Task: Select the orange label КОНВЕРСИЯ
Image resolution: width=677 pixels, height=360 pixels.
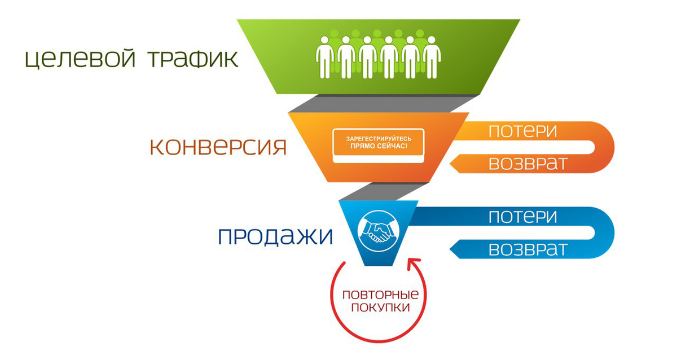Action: click(x=218, y=147)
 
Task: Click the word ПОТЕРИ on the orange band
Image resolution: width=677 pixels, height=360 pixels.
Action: click(x=523, y=131)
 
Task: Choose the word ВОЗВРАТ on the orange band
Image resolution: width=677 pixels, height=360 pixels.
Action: click(x=527, y=163)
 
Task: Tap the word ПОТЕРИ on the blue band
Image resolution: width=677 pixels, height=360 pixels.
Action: click(x=523, y=217)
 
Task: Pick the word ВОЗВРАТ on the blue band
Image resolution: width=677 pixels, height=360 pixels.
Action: click(x=527, y=249)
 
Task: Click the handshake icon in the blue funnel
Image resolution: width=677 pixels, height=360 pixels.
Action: click(x=378, y=230)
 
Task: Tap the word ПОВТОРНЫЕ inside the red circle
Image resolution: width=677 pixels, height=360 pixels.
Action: click(x=380, y=295)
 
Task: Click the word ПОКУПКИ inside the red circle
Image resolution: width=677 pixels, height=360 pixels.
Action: click(x=380, y=308)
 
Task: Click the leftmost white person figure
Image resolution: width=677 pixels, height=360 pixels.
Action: click(x=324, y=56)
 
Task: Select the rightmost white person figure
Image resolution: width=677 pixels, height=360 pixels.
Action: click(x=432, y=56)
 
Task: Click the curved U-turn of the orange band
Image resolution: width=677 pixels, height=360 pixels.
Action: click(x=604, y=147)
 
